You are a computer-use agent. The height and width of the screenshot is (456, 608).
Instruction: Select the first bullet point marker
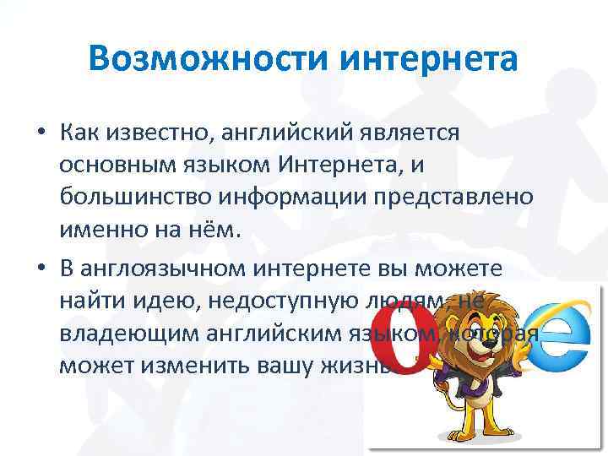[41, 133]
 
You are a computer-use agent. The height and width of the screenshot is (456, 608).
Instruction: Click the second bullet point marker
[41, 269]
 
